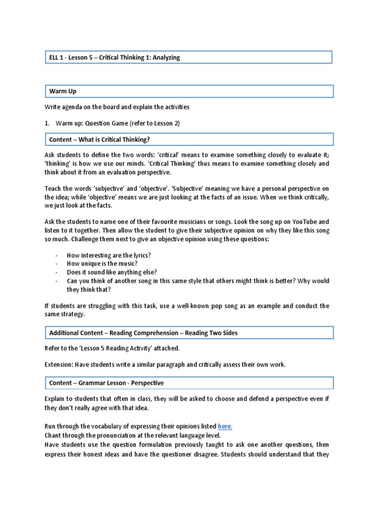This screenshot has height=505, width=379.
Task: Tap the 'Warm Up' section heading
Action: coord(63,91)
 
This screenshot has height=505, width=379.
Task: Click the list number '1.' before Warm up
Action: coord(47,123)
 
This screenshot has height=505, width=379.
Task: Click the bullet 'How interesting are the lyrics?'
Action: coord(109,254)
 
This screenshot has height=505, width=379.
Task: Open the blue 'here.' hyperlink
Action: coord(225,426)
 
